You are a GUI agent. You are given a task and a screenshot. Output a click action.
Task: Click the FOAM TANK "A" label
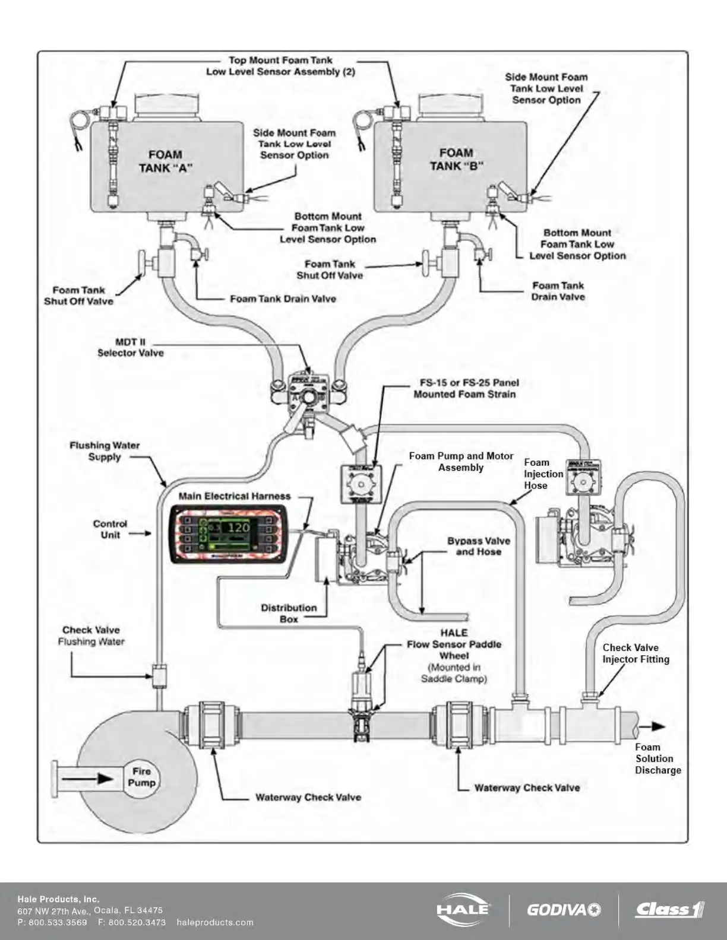point(166,161)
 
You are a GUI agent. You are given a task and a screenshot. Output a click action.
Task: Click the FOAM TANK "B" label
point(456,160)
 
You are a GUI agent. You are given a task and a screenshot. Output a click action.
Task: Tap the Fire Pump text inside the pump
point(141,777)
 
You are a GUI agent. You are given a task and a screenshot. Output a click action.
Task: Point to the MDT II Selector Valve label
point(130,348)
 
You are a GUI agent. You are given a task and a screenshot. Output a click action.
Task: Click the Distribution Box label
point(289,613)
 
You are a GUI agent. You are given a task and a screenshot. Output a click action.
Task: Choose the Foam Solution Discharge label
point(658,758)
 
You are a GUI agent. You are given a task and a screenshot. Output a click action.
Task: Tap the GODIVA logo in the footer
point(563,910)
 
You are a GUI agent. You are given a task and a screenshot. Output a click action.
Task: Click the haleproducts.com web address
point(215,922)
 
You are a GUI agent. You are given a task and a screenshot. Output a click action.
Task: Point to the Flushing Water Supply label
point(105,451)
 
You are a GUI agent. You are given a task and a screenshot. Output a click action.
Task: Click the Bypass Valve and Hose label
point(478,546)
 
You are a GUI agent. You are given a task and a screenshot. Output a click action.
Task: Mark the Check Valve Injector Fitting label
point(636,653)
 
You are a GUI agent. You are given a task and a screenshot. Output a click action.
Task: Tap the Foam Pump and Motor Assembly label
point(461,462)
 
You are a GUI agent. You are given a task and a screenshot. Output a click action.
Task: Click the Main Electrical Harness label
point(235,496)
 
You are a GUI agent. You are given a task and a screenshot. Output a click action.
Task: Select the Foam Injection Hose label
point(543,474)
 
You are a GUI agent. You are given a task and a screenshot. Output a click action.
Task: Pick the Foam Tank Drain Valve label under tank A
point(283,298)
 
